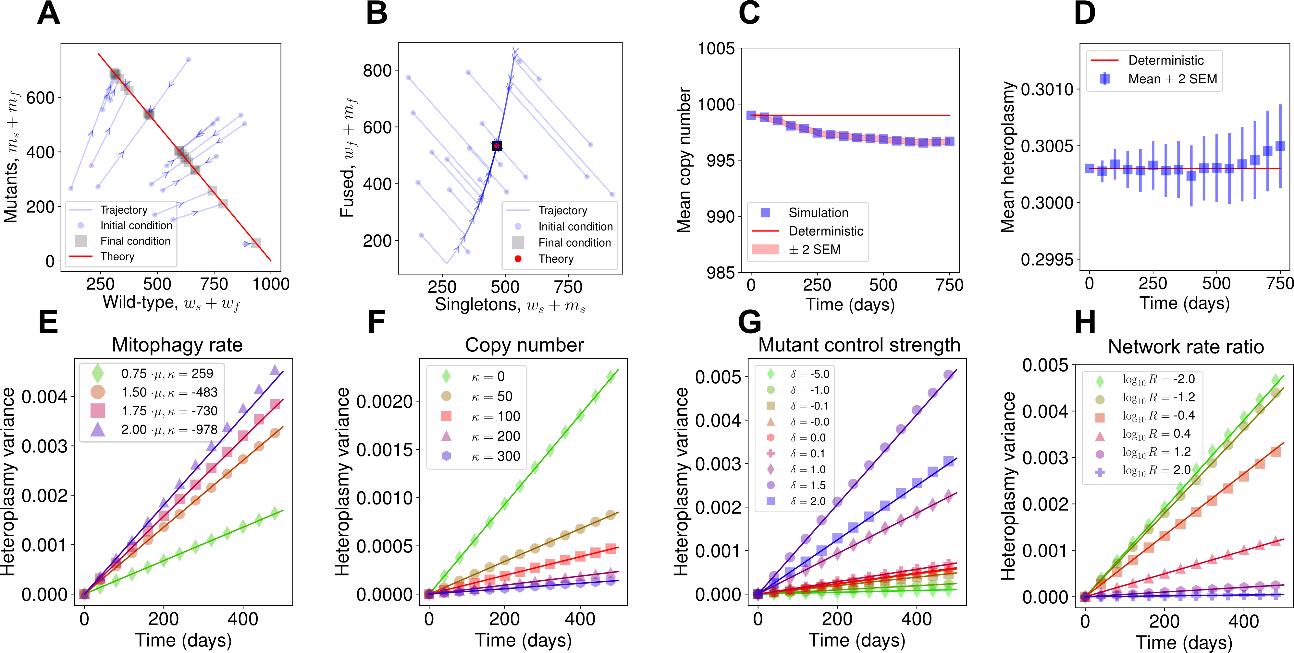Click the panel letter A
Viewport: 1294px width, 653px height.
(49, 14)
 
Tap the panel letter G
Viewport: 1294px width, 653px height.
(749, 322)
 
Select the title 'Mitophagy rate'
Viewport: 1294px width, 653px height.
(177, 345)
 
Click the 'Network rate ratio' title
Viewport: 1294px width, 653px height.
(1186, 347)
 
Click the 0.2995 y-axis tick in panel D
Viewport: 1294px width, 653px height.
(1047, 259)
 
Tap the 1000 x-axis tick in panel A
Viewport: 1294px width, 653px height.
(271, 284)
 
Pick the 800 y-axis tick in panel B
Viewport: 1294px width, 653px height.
(377, 71)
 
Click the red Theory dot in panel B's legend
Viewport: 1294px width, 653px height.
(518, 258)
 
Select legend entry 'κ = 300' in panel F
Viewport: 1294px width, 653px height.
(495, 456)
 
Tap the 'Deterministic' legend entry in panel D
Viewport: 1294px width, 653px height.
(1165, 61)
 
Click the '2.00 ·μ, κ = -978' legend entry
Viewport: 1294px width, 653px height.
(169, 430)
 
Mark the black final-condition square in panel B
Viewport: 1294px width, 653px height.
(496, 146)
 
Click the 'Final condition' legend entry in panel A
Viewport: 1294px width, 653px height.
(135, 241)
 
